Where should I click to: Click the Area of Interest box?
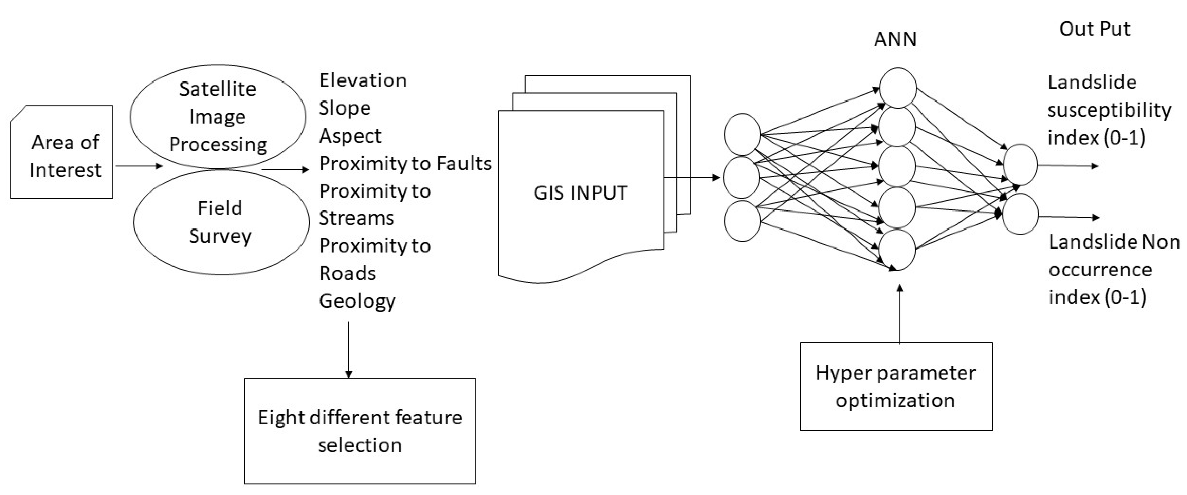(62, 152)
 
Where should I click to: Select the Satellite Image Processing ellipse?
(218, 116)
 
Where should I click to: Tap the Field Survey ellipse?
(221, 222)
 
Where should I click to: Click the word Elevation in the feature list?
(363, 81)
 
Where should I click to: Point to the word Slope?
(345, 108)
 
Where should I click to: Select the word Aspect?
(350, 136)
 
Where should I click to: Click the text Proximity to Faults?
(405, 164)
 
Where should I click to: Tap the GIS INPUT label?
(580, 193)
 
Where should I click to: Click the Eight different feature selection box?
(360, 431)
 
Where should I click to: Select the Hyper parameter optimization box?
(896, 386)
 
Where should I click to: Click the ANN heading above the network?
(895, 40)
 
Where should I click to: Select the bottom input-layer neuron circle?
(742, 221)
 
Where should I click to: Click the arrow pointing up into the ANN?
(900, 313)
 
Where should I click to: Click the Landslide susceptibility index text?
(1109, 110)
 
